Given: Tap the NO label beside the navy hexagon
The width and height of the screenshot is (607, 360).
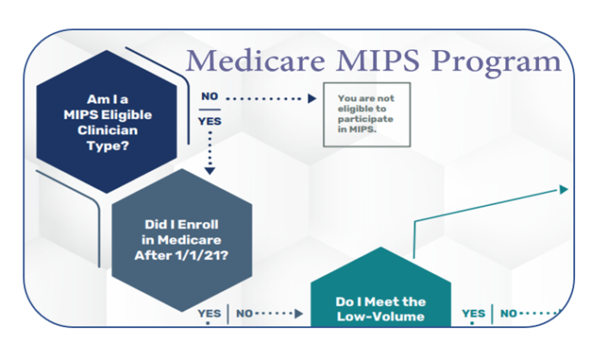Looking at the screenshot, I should coord(209,96).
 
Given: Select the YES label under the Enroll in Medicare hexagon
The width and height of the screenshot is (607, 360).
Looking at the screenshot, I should coord(208,313).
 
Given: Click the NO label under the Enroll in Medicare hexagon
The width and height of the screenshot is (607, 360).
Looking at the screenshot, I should coord(245,313).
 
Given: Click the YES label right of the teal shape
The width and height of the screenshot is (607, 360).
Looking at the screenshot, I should coord(474,313).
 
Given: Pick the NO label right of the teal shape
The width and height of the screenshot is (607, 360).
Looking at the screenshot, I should coord(510,313).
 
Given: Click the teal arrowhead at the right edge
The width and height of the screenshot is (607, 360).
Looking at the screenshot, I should coord(564,188).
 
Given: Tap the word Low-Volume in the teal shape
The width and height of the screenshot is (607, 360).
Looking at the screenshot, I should coord(381,318).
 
